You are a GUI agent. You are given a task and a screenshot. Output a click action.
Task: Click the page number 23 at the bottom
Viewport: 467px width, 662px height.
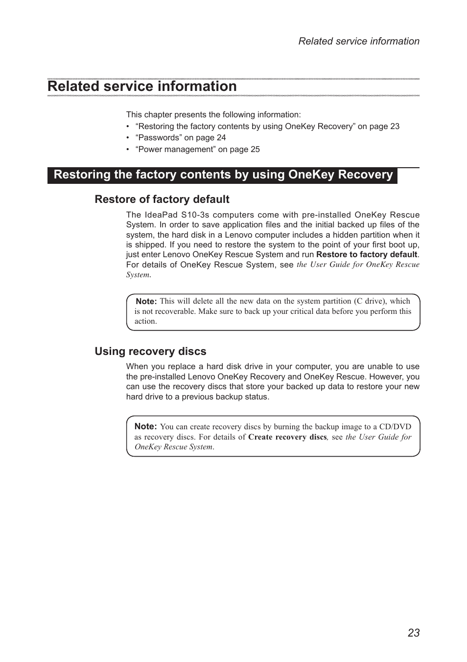coord(413,633)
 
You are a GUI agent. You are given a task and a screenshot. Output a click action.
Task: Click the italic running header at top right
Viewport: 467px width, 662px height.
coord(359,42)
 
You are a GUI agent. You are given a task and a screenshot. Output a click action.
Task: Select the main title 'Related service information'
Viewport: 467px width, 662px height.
coord(142,86)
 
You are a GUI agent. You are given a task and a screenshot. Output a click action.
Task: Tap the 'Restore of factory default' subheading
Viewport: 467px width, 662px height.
coord(162,199)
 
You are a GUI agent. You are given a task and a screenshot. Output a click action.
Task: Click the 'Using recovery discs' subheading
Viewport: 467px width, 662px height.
coord(150,352)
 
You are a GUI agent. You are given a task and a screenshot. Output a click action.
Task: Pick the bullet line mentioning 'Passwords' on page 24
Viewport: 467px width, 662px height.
coord(180,138)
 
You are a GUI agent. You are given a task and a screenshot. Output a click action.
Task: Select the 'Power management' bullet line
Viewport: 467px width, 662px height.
coord(197,150)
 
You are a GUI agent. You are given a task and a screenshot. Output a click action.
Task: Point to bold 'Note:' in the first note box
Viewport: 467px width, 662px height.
coord(146,302)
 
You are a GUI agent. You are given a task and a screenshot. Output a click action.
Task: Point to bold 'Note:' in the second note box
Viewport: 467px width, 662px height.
coord(145,426)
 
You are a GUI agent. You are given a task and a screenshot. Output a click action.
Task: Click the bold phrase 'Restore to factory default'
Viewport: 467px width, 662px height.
coord(367,255)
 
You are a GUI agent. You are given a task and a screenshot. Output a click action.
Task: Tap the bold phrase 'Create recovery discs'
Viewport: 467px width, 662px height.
coord(287,437)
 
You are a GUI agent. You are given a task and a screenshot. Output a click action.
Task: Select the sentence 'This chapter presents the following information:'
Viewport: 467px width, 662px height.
coord(213,115)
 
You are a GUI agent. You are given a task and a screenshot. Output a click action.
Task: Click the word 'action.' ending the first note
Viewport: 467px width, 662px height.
coord(146,321)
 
